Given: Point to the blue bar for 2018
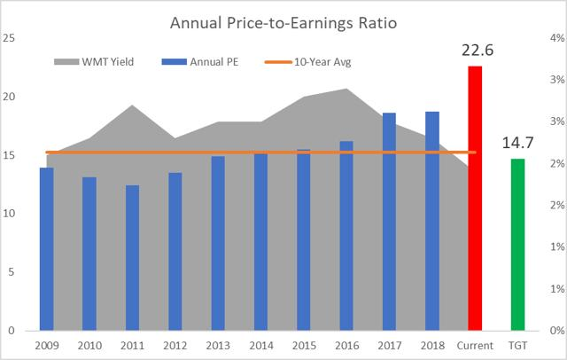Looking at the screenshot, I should point(432,221).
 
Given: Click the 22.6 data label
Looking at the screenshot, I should point(477,50).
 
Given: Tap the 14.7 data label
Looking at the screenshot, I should point(517,142).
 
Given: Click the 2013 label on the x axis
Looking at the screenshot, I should point(218,345).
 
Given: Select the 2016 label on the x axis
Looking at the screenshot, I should point(346,345).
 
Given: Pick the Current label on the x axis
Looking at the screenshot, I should point(475,345).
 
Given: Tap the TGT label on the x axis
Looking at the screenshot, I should point(517,345).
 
